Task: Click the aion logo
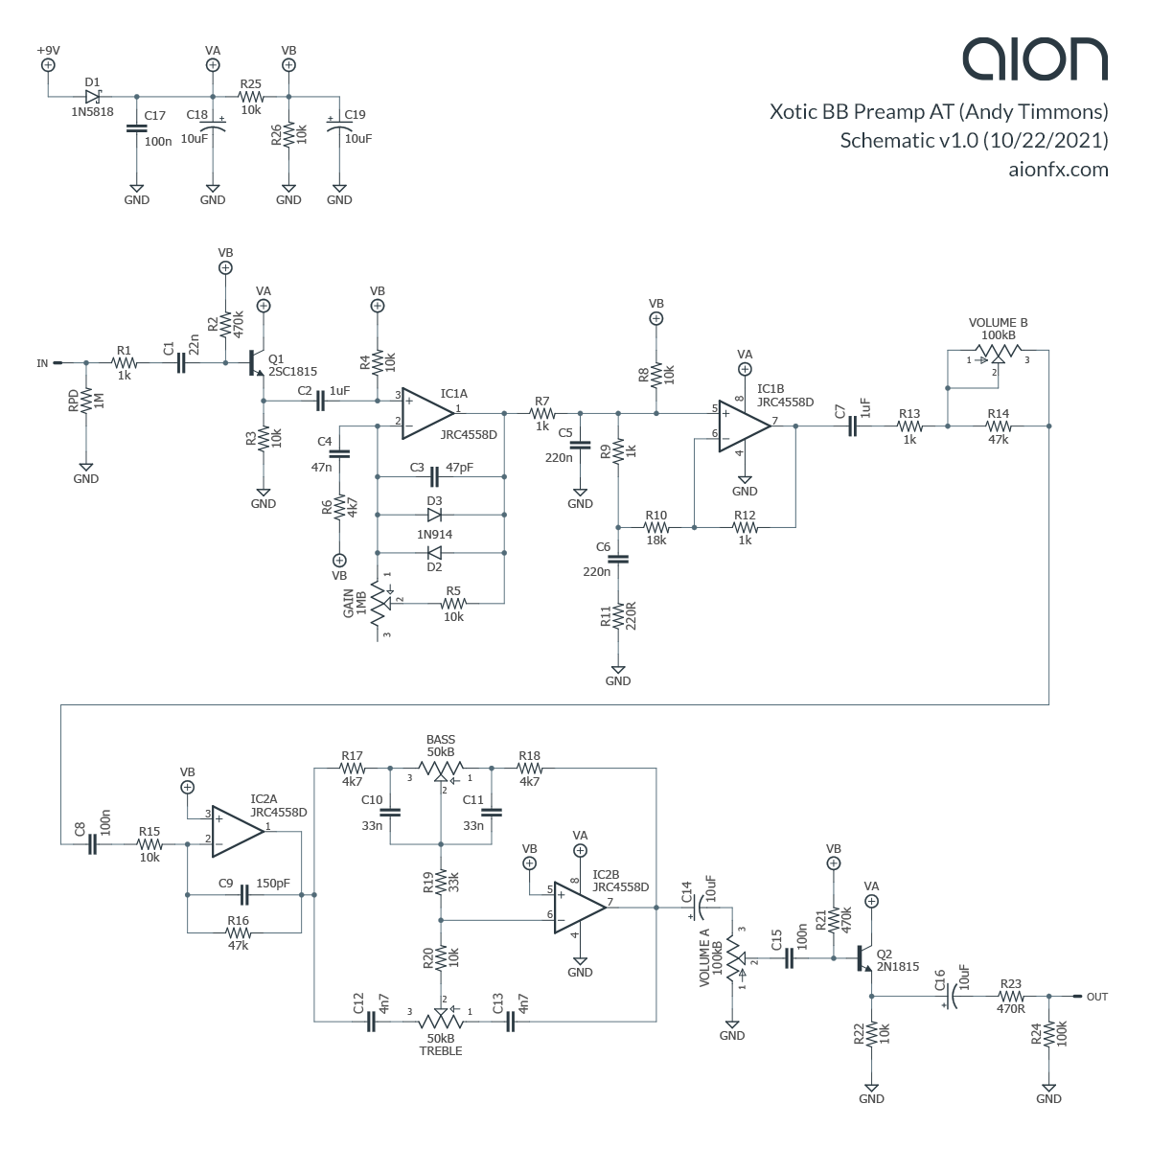pos(1035,59)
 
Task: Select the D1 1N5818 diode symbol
pos(93,96)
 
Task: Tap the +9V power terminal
pos(48,65)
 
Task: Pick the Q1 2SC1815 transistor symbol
pos(254,363)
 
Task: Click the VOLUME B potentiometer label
pos(998,329)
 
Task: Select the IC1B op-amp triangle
pos(745,427)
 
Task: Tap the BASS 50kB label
pos(441,746)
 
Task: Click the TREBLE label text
pos(440,1051)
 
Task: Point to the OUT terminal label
pos(1096,997)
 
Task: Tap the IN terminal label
pos(42,363)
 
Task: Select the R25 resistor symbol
pos(251,96)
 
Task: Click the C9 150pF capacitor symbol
pos(245,894)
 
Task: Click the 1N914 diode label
pos(434,534)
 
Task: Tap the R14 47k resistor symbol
pos(999,426)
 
